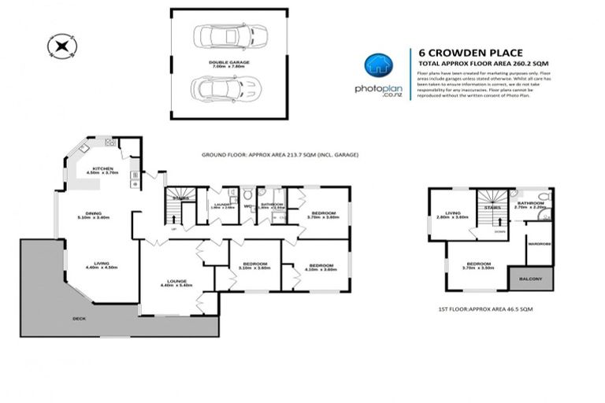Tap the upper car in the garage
coord(220,37)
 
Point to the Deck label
coord(79,318)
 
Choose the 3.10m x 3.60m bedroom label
coord(254,265)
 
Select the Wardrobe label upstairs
coord(538,244)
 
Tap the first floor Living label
coord(452,213)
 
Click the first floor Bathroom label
coord(528,205)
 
